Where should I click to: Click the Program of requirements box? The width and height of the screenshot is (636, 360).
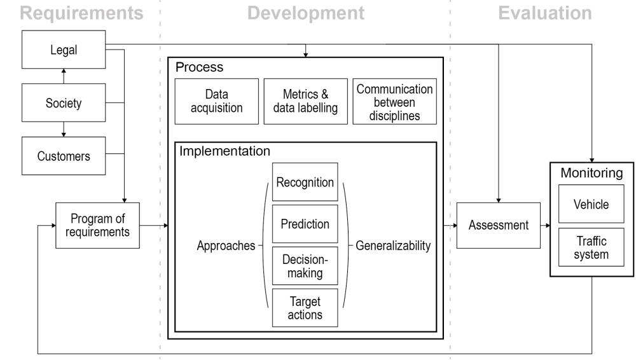97,225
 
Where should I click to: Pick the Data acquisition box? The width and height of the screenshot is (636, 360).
217,100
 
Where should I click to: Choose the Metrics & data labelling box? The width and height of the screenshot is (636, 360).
305,100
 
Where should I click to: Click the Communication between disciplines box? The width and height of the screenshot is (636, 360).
394,100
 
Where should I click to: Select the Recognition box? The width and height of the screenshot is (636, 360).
305,183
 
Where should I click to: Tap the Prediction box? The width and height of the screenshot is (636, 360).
305,224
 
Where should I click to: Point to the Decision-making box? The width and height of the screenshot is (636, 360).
305,266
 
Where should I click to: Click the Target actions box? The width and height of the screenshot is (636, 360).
305,308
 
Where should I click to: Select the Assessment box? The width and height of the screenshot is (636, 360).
498,225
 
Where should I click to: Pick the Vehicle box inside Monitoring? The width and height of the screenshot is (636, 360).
591,205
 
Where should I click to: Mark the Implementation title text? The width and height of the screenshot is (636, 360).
225,151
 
